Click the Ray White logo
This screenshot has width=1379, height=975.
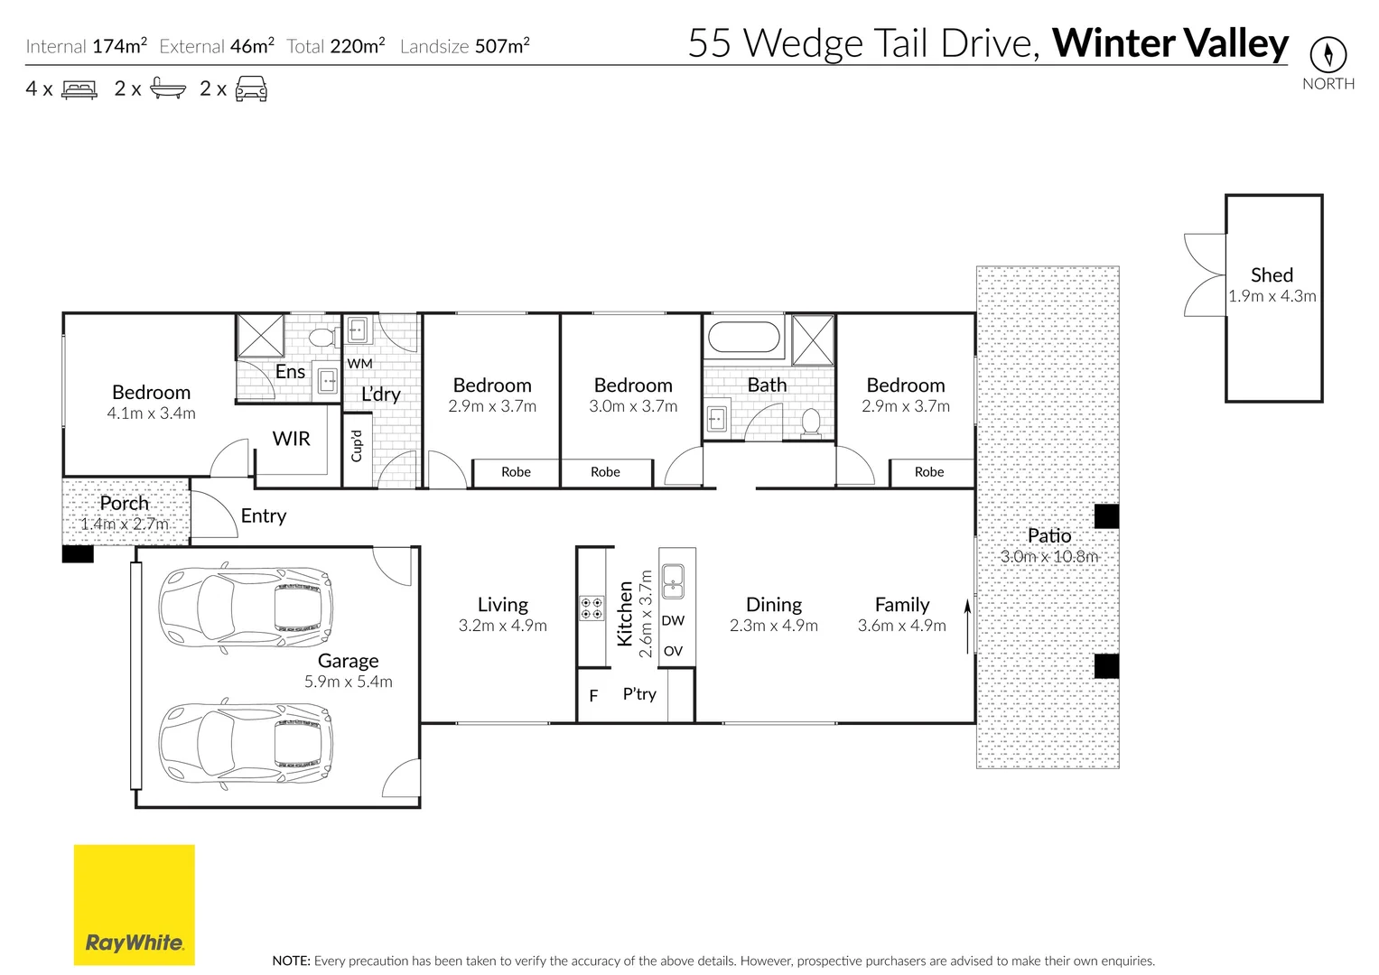click(135, 905)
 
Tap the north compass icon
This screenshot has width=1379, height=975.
click(1328, 55)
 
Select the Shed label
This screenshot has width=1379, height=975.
click(1272, 274)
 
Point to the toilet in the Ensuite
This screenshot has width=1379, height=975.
click(322, 337)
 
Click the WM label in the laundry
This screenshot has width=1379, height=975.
click(359, 363)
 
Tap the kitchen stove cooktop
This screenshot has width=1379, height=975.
click(592, 608)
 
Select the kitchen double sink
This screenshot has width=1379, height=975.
click(672, 581)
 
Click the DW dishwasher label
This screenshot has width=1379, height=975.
click(673, 620)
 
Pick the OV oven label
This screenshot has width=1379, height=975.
click(673, 651)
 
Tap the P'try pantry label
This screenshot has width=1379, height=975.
click(639, 694)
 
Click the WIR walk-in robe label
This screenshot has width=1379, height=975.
click(291, 438)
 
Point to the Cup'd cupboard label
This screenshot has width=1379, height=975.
click(357, 446)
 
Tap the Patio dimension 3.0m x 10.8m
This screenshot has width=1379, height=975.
click(1049, 556)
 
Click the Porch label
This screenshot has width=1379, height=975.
click(125, 503)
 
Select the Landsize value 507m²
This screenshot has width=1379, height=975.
click(502, 45)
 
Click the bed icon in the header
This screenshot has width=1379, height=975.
click(79, 89)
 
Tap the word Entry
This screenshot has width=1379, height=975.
click(264, 515)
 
